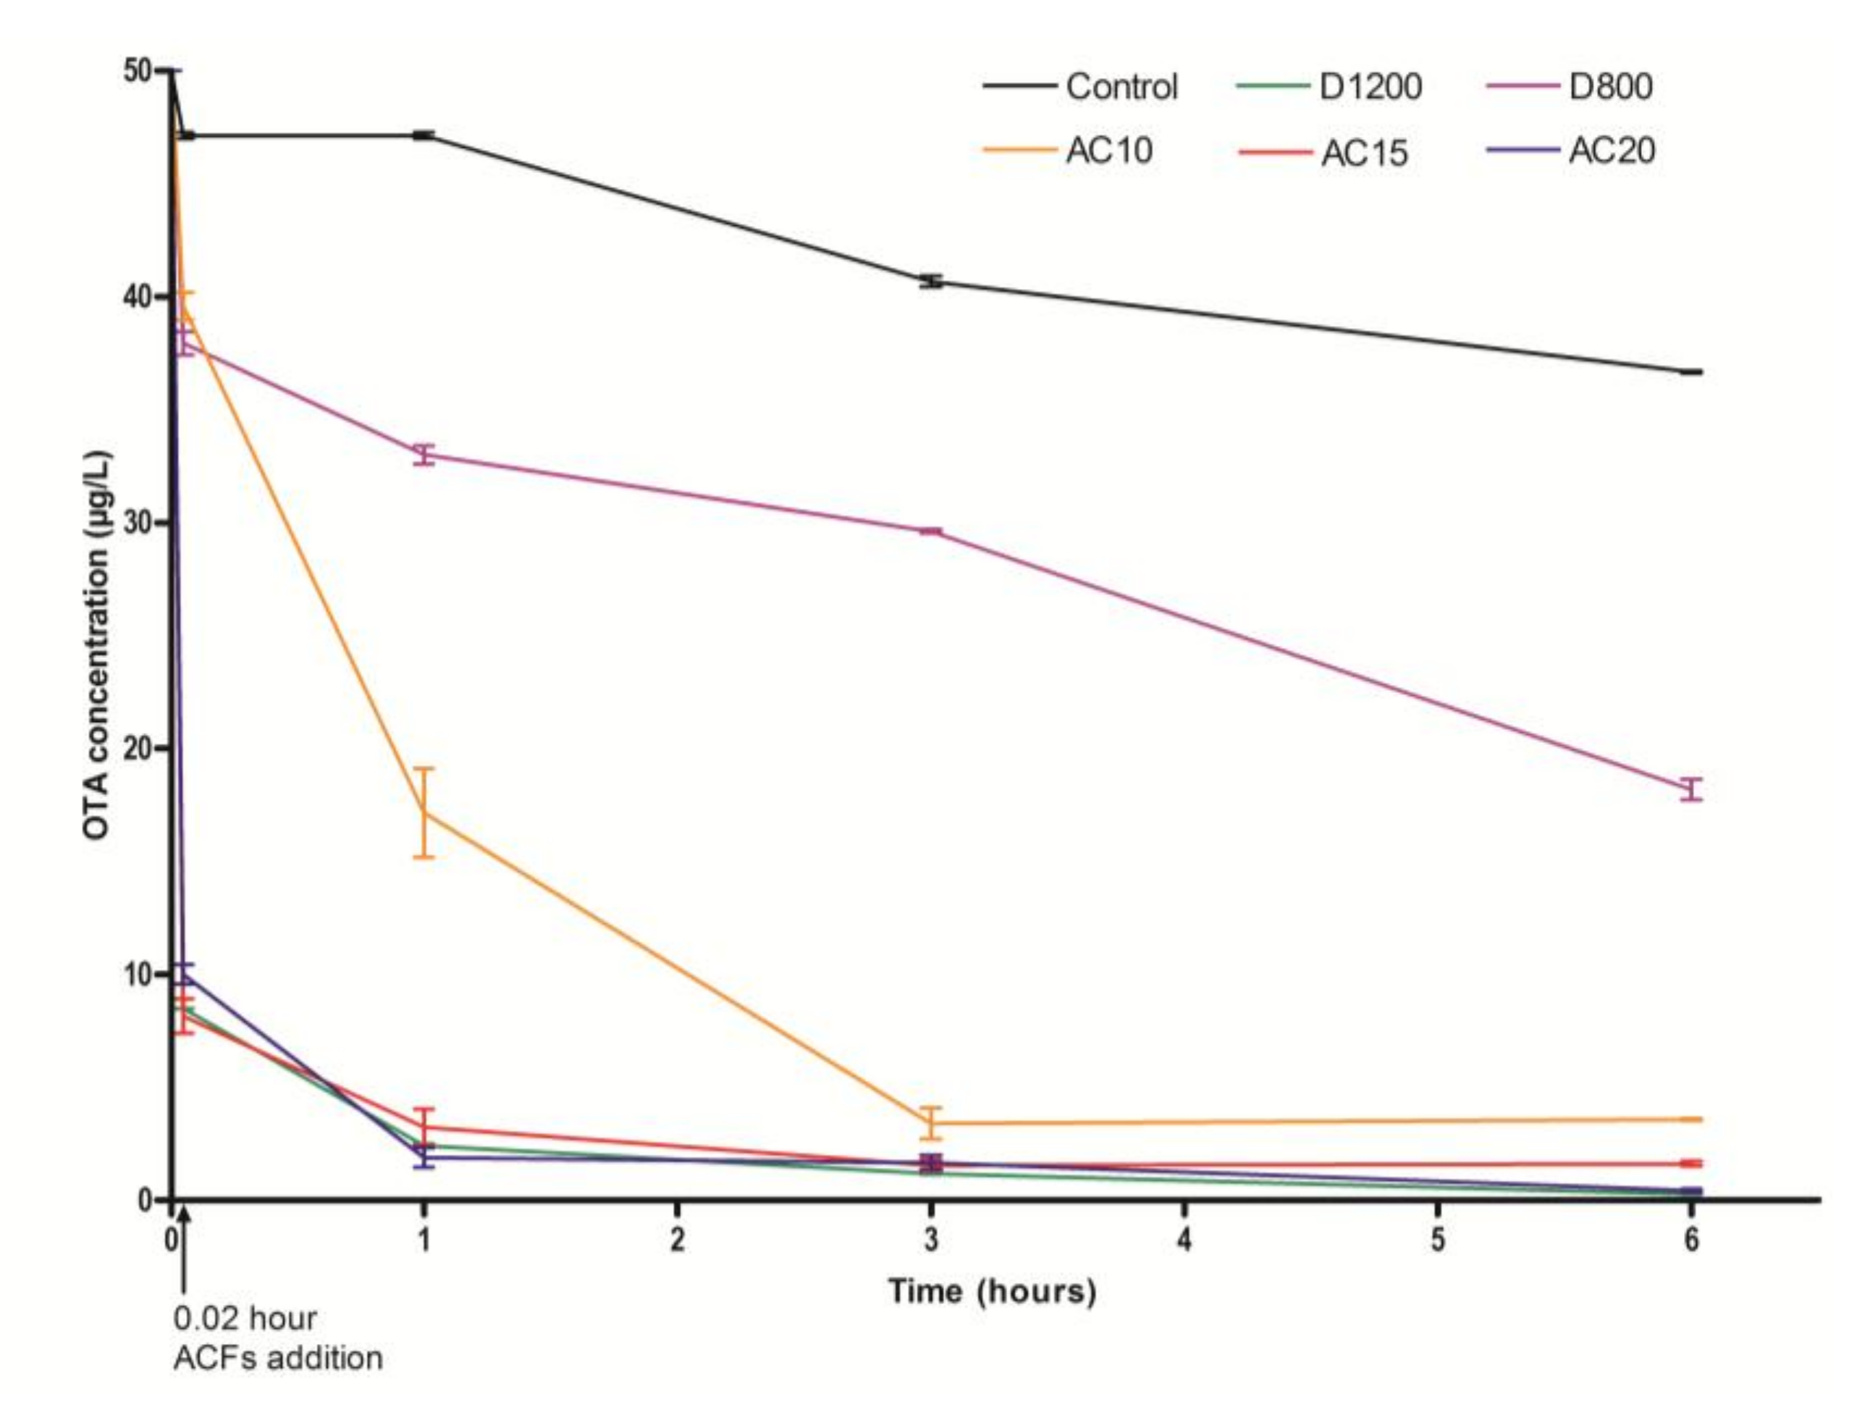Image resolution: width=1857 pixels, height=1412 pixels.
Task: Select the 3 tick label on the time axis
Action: [x=931, y=1240]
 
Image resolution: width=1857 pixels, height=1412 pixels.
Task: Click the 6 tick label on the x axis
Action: [x=1690, y=1240]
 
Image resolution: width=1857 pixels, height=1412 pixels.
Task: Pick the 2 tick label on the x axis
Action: [x=677, y=1240]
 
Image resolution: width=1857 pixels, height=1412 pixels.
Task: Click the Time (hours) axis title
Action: [x=993, y=1291]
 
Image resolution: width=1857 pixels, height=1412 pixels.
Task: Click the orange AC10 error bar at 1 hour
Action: [x=424, y=812]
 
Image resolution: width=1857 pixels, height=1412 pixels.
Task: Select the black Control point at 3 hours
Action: [x=931, y=282]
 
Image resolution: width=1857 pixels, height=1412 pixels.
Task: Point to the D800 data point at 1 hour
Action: [x=424, y=455]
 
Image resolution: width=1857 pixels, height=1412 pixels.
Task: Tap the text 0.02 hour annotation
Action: [x=245, y=1318]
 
